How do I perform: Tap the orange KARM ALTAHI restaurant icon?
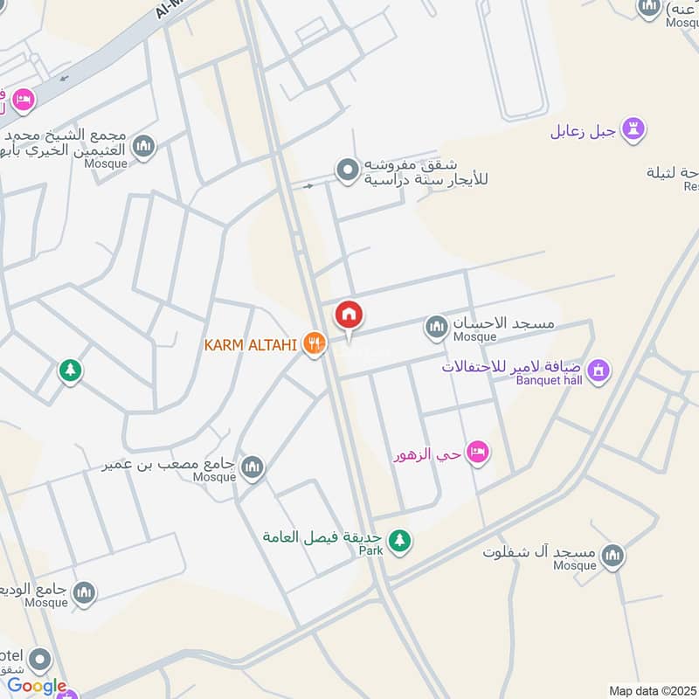coord(314,344)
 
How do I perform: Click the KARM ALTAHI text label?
coord(251,345)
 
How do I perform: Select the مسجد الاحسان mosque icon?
coord(436,329)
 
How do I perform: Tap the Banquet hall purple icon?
coord(599,370)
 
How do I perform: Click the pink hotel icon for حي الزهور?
coord(477,452)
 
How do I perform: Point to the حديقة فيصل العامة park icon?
coord(399,541)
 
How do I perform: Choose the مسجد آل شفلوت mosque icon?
coord(613,555)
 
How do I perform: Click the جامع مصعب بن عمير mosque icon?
coord(253,467)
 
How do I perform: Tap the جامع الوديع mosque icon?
coord(84,593)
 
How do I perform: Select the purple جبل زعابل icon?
coord(633,131)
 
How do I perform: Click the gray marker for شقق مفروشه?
coord(349,170)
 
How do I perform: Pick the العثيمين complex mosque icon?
coord(144,145)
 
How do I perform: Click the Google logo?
coord(37,686)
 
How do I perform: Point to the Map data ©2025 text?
coord(652,690)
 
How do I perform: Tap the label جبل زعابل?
coord(584,132)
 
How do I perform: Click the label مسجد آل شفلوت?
coord(539,552)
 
